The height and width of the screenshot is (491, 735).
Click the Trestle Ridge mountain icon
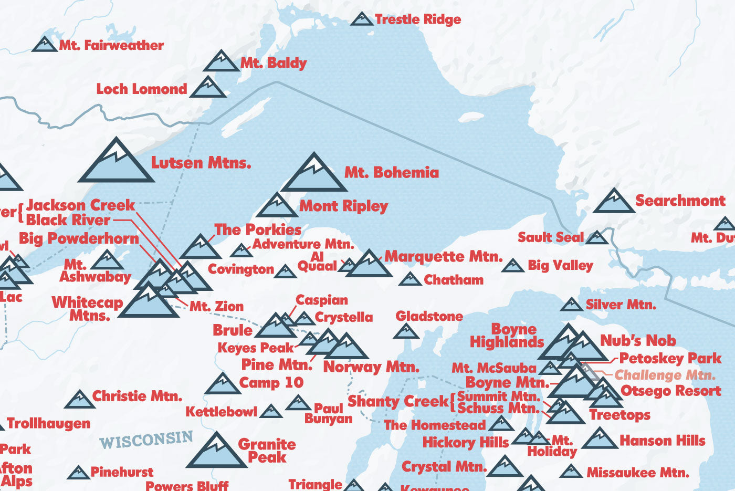tap(361, 19)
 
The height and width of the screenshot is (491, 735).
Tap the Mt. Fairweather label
tap(111, 46)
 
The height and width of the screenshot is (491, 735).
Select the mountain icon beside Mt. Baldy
tap(221, 62)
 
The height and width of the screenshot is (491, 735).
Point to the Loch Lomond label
tap(142, 89)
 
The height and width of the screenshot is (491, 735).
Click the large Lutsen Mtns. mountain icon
tap(116, 162)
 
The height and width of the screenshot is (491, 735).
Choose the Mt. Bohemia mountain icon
tap(314, 174)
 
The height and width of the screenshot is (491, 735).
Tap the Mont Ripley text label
tap(343, 206)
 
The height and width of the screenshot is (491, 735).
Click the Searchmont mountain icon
tap(613, 202)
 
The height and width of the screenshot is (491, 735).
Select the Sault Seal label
tap(550, 237)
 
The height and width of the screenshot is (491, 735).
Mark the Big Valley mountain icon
tap(512, 266)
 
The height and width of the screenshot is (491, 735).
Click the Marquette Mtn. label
tap(444, 257)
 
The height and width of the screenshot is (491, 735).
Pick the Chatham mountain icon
tap(410, 279)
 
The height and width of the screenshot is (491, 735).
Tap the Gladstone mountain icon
tap(406, 331)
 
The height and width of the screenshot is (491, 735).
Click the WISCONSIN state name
tap(146, 440)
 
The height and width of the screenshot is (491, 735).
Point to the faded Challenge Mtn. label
tap(665, 375)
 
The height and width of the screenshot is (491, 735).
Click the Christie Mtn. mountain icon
tap(79, 400)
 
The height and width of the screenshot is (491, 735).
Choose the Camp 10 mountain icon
tap(223, 384)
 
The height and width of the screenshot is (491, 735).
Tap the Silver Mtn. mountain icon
tap(571, 305)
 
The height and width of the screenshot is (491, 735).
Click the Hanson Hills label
tap(663, 441)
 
